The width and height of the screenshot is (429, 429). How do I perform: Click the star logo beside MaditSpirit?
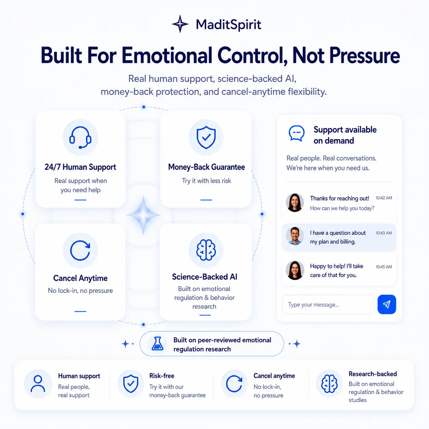point(180,24)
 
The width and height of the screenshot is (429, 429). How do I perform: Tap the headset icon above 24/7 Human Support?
point(80,138)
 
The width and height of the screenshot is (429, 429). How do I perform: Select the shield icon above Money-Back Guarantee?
point(206,138)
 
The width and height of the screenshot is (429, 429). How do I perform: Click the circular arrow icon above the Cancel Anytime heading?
point(80,250)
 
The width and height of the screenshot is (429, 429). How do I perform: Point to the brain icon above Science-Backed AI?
point(206,250)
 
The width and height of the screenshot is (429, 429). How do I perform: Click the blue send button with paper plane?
point(387,304)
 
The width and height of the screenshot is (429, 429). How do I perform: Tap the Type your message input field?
point(328,304)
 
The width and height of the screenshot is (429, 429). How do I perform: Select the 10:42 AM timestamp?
point(384,198)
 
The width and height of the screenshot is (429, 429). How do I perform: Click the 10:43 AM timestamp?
point(384,233)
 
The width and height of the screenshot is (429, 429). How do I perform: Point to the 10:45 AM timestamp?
point(384,267)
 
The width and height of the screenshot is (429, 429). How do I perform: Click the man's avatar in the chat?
point(295,236)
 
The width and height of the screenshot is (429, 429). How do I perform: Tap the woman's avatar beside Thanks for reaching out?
point(295,203)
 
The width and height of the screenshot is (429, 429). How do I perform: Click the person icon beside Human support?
point(38,383)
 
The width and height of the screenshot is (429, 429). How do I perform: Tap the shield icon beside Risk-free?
point(131,383)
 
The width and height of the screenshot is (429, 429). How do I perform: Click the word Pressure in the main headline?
point(364,55)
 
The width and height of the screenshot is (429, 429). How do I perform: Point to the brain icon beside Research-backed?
point(329,383)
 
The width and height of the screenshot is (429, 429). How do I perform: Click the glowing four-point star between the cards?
point(143,215)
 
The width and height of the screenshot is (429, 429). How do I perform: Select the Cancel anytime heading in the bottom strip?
point(274,376)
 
